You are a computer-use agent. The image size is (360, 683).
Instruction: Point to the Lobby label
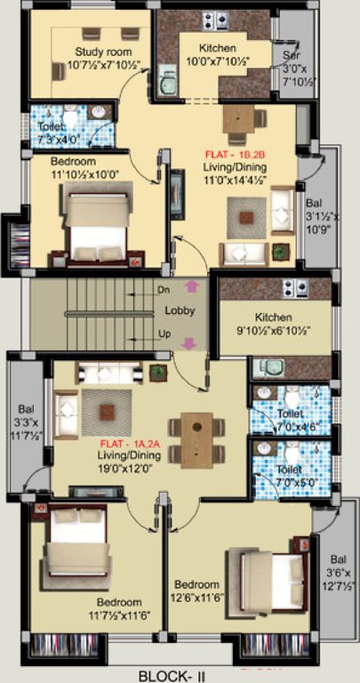180,310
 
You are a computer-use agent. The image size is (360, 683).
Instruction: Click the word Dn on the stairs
163,290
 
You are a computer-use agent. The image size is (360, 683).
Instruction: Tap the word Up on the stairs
163,333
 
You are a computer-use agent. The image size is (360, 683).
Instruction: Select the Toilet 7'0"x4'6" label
290,420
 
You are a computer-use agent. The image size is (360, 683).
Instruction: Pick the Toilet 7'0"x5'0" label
290,475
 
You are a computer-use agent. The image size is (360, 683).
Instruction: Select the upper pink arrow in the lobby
190,286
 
